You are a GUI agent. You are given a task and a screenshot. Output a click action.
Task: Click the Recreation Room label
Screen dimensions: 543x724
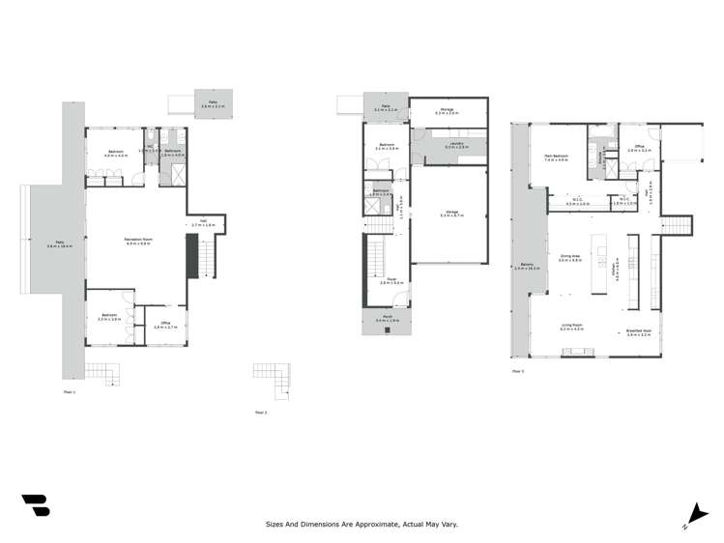point(135,242)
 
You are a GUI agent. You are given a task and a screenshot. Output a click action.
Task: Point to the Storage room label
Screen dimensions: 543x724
point(447,111)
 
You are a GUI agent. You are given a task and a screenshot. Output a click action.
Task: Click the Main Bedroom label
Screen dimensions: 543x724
point(555,157)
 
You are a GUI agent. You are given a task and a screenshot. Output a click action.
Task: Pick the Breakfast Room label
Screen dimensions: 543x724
point(637,329)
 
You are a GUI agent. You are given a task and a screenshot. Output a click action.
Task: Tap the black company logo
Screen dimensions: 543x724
point(36,504)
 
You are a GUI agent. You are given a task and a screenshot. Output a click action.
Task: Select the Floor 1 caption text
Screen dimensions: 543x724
point(69,391)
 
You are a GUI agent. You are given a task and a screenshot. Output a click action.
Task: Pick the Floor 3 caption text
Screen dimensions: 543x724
point(517,370)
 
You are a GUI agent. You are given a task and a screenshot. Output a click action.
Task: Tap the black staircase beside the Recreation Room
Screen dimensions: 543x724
point(191,258)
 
